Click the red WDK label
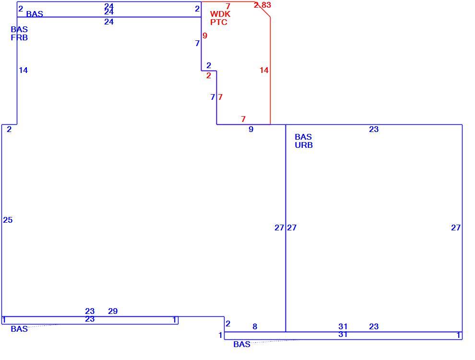[220, 14]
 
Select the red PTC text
[219, 22]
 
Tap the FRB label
[19, 37]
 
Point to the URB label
[304, 145]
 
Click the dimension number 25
[8, 220]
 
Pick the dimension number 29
[113, 311]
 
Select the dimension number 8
[255, 327]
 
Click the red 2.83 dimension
[262, 5]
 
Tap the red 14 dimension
[264, 70]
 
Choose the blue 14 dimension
[24, 70]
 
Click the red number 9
[205, 36]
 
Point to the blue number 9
[251, 130]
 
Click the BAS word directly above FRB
[19, 29]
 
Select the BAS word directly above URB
[303, 137]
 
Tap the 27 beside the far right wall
[456, 228]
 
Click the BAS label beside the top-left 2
[35, 14]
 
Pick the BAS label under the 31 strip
[242, 344]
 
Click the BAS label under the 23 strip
[19, 329]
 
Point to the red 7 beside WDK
[228, 6]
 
